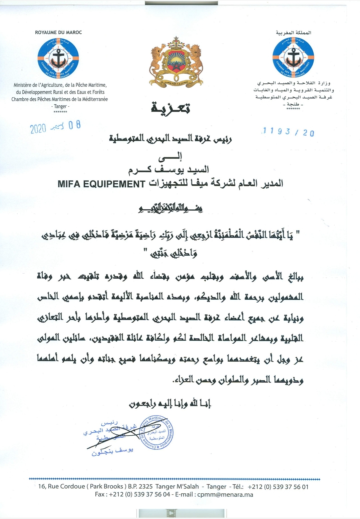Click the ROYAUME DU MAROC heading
tap(58, 32)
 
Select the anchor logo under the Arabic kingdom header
tap(293, 58)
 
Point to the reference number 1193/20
tap(288, 132)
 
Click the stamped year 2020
tap(38, 128)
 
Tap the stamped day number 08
tap(74, 125)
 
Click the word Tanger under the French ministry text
tap(60, 106)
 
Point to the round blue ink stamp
tap(156, 433)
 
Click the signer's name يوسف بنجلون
tap(112, 451)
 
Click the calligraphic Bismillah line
tap(170, 208)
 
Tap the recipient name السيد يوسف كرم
tap(169, 170)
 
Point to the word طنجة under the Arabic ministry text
tap(293, 104)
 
